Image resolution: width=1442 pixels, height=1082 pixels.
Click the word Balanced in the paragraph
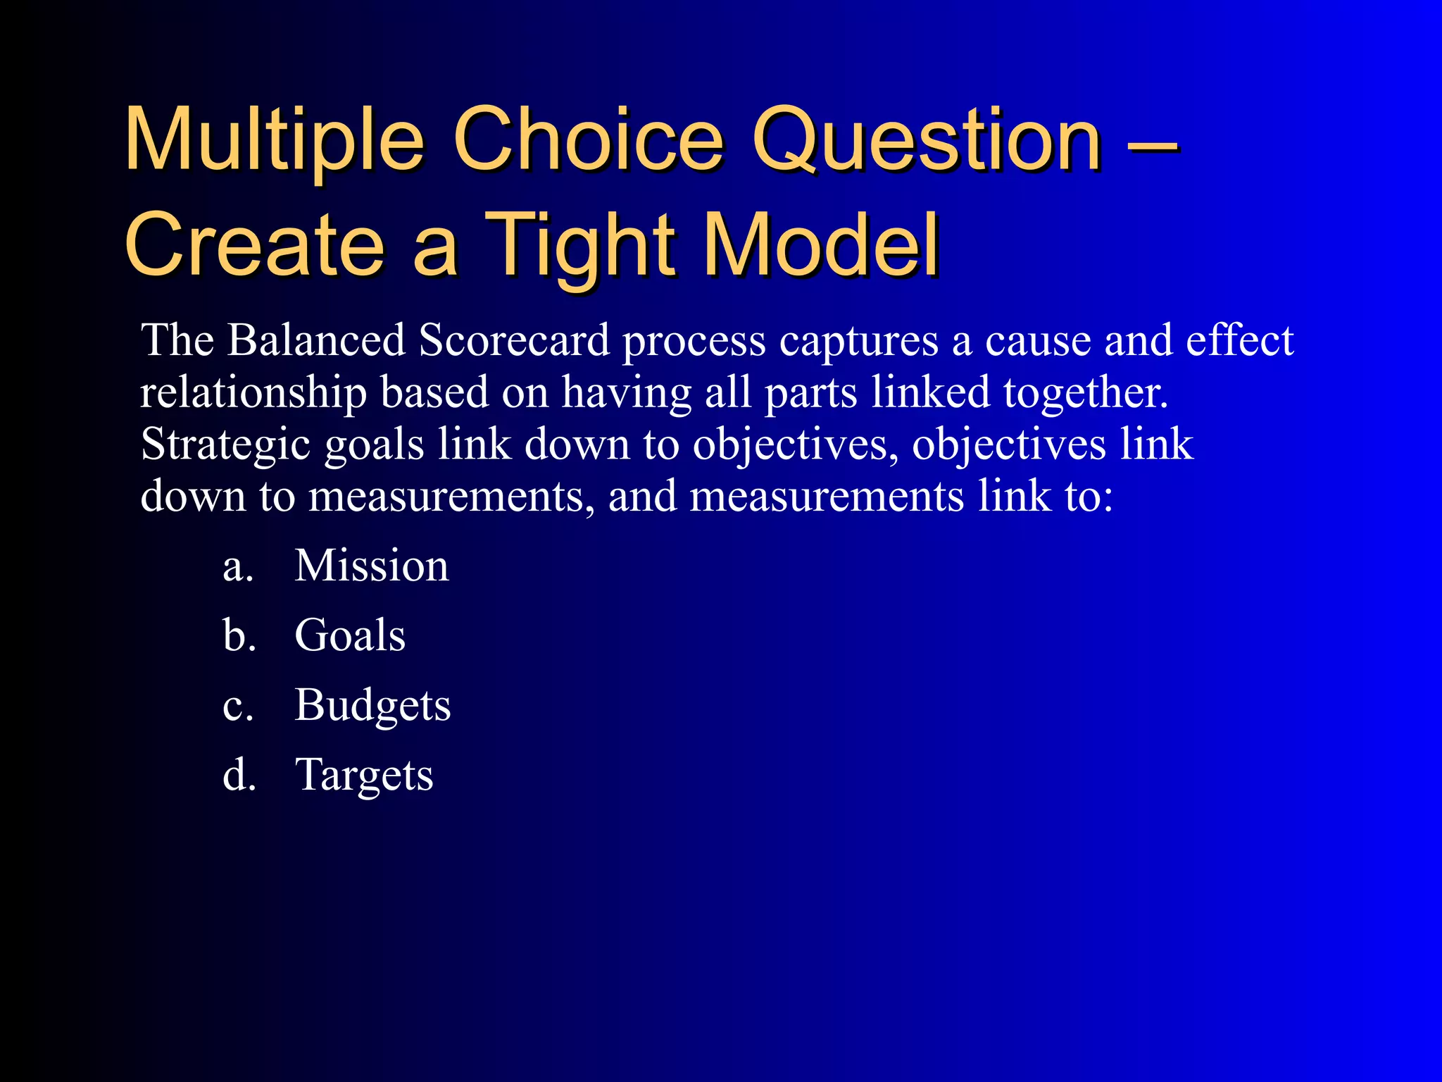click(x=316, y=340)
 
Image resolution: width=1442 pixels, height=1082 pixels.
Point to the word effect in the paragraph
click(x=1239, y=340)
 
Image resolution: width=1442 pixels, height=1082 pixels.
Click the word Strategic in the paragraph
click(x=225, y=445)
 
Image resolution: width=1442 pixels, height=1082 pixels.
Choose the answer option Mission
click(x=371, y=566)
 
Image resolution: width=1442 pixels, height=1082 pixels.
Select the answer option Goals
click(x=349, y=635)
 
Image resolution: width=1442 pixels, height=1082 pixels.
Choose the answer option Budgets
click(x=372, y=705)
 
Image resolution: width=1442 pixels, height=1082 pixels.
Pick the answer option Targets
click(x=364, y=775)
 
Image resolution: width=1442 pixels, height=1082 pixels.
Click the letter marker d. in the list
click(x=239, y=775)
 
